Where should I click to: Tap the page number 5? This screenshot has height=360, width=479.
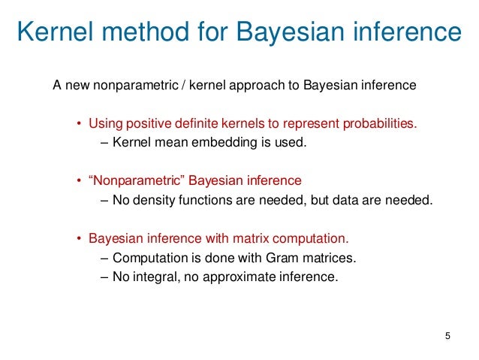448,334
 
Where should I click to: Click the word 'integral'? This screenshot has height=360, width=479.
153,277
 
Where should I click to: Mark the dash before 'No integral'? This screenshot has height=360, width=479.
104,277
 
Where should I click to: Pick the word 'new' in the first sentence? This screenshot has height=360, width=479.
77,85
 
